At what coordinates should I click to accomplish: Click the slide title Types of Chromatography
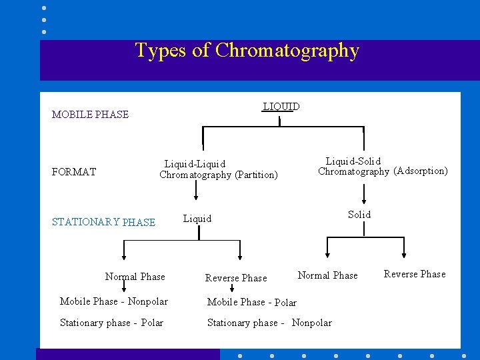pos(247,51)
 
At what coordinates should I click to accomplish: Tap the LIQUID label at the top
pos(281,107)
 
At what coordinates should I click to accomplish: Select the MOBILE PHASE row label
pos(90,115)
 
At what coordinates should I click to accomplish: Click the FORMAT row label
pos(73,172)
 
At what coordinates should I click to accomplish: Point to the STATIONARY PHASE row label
pos(103,223)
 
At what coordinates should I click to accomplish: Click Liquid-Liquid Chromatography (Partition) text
pos(218,169)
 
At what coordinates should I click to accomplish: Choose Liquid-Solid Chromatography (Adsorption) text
pos(383,166)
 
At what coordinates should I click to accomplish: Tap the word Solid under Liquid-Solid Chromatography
pos(359,215)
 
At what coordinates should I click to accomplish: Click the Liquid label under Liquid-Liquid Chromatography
pos(197,219)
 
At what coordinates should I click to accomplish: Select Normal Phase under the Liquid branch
pos(135,277)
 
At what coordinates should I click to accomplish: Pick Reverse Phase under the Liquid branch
pos(235,278)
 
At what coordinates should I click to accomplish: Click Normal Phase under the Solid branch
pos(327,275)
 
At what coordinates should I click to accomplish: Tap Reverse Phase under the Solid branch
pos(414,274)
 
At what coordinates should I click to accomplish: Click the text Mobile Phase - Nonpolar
pos(113,301)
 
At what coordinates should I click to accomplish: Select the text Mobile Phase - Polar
pos(251,303)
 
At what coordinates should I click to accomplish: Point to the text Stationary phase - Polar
pos(111,323)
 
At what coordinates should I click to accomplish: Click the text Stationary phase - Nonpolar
pos(269,323)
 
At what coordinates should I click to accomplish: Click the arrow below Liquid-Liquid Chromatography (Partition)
pos(196,191)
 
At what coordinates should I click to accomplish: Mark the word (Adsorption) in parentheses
pos(421,171)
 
